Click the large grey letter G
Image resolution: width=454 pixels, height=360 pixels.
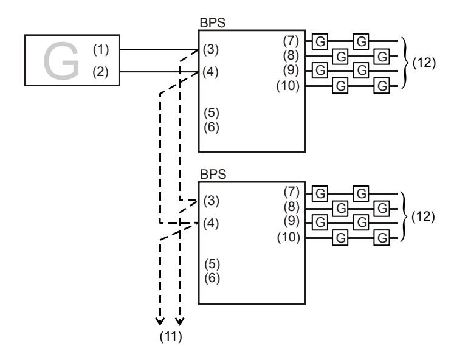click(x=61, y=61)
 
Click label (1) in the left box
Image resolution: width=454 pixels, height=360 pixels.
click(x=101, y=49)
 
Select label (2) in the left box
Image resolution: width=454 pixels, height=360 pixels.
click(x=100, y=72)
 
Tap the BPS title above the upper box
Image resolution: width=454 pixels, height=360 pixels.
click(x=213, y=23)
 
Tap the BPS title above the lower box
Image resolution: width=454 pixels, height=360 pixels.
click(x=213, y=175)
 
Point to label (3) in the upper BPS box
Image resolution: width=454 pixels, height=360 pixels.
click(x=211, y=49)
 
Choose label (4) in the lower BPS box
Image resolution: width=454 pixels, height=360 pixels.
click(x=211, y=223)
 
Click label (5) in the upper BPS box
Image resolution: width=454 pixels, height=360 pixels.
click(x=212, y=112)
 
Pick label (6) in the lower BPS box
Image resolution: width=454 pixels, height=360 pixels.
click(x=212, y=278)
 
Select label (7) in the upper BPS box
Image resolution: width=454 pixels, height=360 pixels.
click(x=291, y=41)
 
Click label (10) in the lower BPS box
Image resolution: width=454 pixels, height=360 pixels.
click(x=289, y=237)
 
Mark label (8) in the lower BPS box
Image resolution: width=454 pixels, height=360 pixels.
click(x=292, y=207)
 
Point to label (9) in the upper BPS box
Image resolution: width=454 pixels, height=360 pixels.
click(x=291, y=71)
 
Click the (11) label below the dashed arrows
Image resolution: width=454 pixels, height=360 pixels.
click(x=171, y=336)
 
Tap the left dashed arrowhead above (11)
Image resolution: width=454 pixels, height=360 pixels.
click(x=160, y=322)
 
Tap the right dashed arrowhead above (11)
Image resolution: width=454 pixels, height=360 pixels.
click(x=179, y=322)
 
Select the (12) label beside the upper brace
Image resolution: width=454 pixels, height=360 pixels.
click(x=424, y=63)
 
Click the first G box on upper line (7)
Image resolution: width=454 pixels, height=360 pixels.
click(x=320, y=41)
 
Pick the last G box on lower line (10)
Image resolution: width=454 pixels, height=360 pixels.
click(x=382, y=238)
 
